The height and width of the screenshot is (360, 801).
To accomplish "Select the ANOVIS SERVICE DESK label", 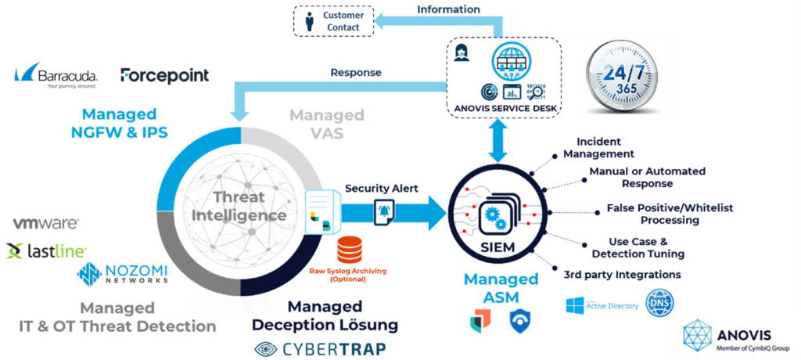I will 505,109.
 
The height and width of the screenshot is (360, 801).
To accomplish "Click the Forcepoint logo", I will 164,76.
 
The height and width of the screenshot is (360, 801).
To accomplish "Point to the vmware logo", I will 45,223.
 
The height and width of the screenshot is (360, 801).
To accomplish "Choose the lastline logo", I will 46,250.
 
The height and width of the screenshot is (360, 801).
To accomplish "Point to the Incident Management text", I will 605,148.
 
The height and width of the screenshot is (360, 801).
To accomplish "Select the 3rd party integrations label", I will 622,275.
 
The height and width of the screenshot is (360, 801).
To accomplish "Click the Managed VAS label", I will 327,124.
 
